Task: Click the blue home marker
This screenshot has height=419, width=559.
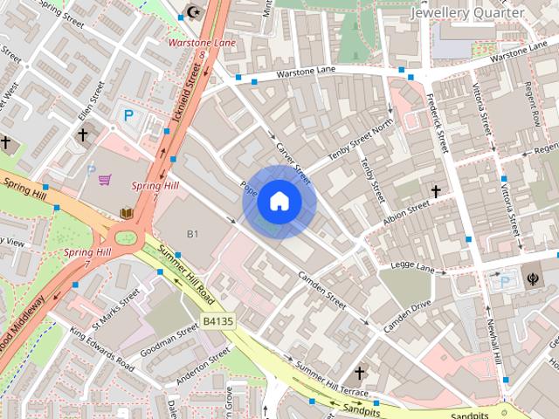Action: click(x=279, y=202)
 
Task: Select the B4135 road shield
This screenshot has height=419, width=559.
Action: click(x=217, y=321)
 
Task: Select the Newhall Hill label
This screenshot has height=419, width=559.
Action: click(x=492, y=342)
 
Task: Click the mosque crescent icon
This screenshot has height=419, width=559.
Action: click(x=194, y=13)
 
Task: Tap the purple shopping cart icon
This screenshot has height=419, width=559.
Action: click(x=105, y=181)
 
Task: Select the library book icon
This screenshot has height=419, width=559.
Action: click(x=126, y=213)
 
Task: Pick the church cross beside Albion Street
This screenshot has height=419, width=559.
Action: click(x=435, y=190)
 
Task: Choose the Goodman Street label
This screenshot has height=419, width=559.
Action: click(x=176, y=340)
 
